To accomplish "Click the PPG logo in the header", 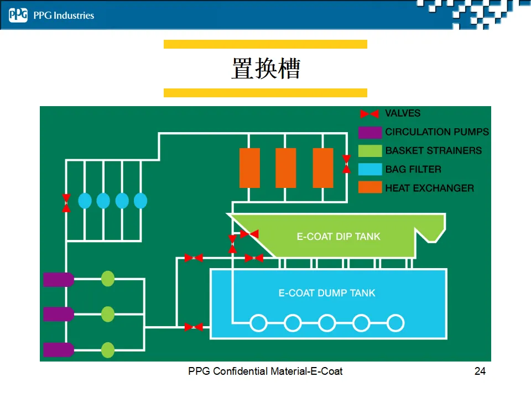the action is tap(18, 15).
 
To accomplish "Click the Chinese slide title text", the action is tap(266, 69).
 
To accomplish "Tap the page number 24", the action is tap(480, 371).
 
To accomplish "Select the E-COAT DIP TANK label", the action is tap(339, 237).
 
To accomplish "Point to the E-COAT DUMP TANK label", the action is tap(327, 293).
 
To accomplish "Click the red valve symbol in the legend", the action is tap(369, 114).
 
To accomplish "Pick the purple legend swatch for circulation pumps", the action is tap(370, 132).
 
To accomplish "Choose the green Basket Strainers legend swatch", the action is tap(370, 151).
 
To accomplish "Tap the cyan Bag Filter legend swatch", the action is tap(370, 169).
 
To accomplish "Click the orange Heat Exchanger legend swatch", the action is tap(370, 187).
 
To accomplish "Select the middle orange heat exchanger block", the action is tap(286, 168).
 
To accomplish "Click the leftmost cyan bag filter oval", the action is tap(85, 201).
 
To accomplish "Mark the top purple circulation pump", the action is tap(59, 280).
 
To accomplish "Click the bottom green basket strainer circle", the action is tap(108, 350).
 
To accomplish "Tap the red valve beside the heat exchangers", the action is tap(346, 164).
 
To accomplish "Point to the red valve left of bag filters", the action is tap(66, 203).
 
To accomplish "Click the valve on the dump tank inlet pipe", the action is tap(194, 327).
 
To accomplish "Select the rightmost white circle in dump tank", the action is tap(395, 323).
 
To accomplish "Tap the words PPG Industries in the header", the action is tap(64, 15).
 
